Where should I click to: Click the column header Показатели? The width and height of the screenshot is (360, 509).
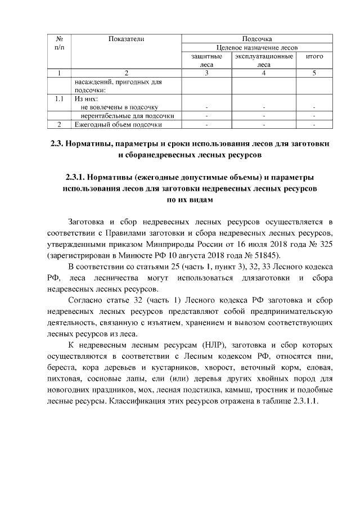126,39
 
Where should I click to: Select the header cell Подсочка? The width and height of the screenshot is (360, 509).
256,39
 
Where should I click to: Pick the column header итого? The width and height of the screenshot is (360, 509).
314,57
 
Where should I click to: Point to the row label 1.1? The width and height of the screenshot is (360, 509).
59,98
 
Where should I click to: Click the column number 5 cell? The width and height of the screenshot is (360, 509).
314,73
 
